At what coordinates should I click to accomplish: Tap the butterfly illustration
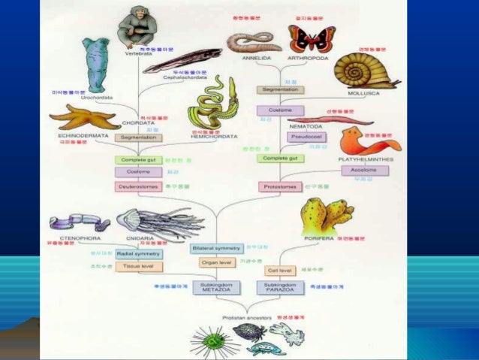point(312,38)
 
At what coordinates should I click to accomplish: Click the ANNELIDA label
point(258,57)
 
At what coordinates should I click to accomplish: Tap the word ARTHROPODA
point(310,57)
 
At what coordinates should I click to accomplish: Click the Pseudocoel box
point(301,138)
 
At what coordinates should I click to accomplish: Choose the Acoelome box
point(365,171)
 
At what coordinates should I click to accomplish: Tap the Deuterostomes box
point(139,186)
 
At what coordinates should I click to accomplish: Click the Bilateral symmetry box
point(215,248)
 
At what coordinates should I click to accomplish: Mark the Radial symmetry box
point(139,254)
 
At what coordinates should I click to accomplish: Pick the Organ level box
point(215,263)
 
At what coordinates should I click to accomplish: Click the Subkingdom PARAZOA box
point(279,287)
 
